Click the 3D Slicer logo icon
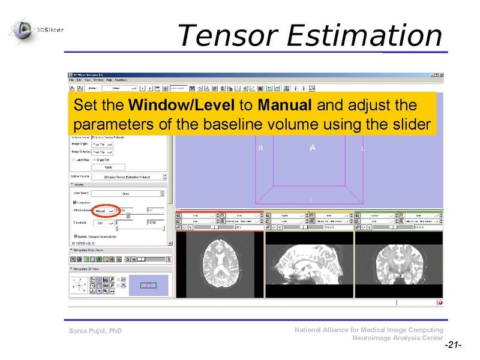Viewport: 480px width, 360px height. tap(23, 29)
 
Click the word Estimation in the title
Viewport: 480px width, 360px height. tap(364, 35)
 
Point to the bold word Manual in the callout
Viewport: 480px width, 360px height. tap(284, 106)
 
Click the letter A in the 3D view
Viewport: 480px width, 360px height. tap(313, 148)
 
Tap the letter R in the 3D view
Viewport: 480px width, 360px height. tap(260, 148)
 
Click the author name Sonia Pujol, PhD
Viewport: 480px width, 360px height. tap(95, 331)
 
